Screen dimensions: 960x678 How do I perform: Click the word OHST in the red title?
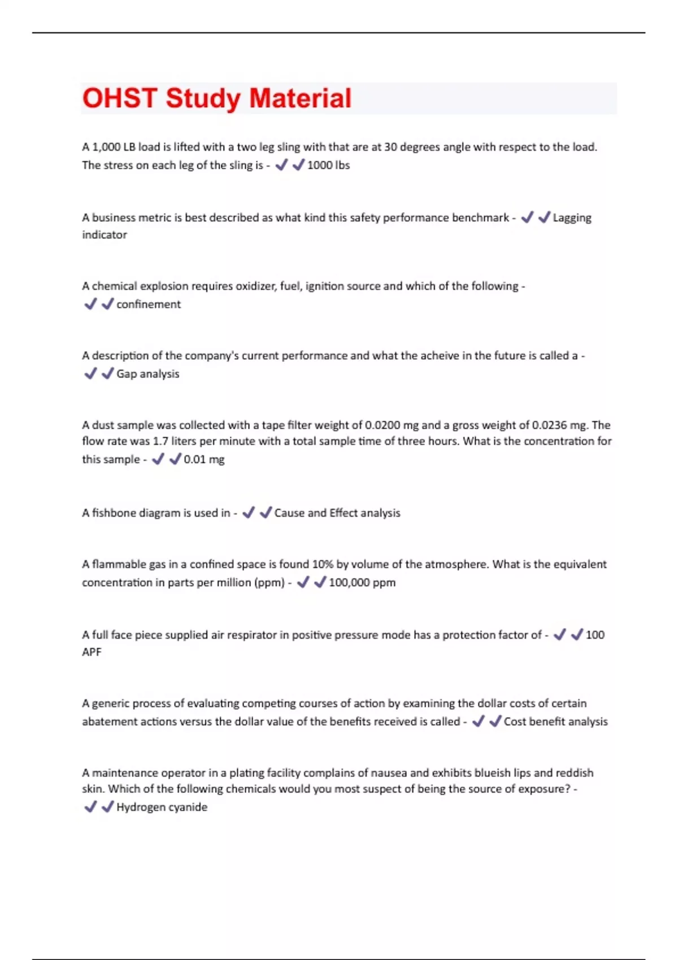pos(119,98)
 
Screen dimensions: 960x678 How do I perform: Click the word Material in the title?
pos(300,98)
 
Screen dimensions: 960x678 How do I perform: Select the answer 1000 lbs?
pos(328,165)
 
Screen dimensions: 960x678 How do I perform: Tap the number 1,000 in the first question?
pos(106,147)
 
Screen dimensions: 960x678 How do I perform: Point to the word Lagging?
pos(572,218)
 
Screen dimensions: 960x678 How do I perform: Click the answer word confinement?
pos(149,304)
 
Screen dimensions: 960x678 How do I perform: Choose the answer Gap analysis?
pos(148,374)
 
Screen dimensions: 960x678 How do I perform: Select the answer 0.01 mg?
pos(204,460)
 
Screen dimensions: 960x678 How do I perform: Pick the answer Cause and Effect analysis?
pos(337,513)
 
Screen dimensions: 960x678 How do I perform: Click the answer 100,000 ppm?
pos(362,583)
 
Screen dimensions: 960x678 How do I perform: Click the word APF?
pos(92,652)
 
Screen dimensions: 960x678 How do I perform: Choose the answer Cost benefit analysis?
pos(555,722)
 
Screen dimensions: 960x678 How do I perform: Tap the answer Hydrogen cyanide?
pos(162,808)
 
